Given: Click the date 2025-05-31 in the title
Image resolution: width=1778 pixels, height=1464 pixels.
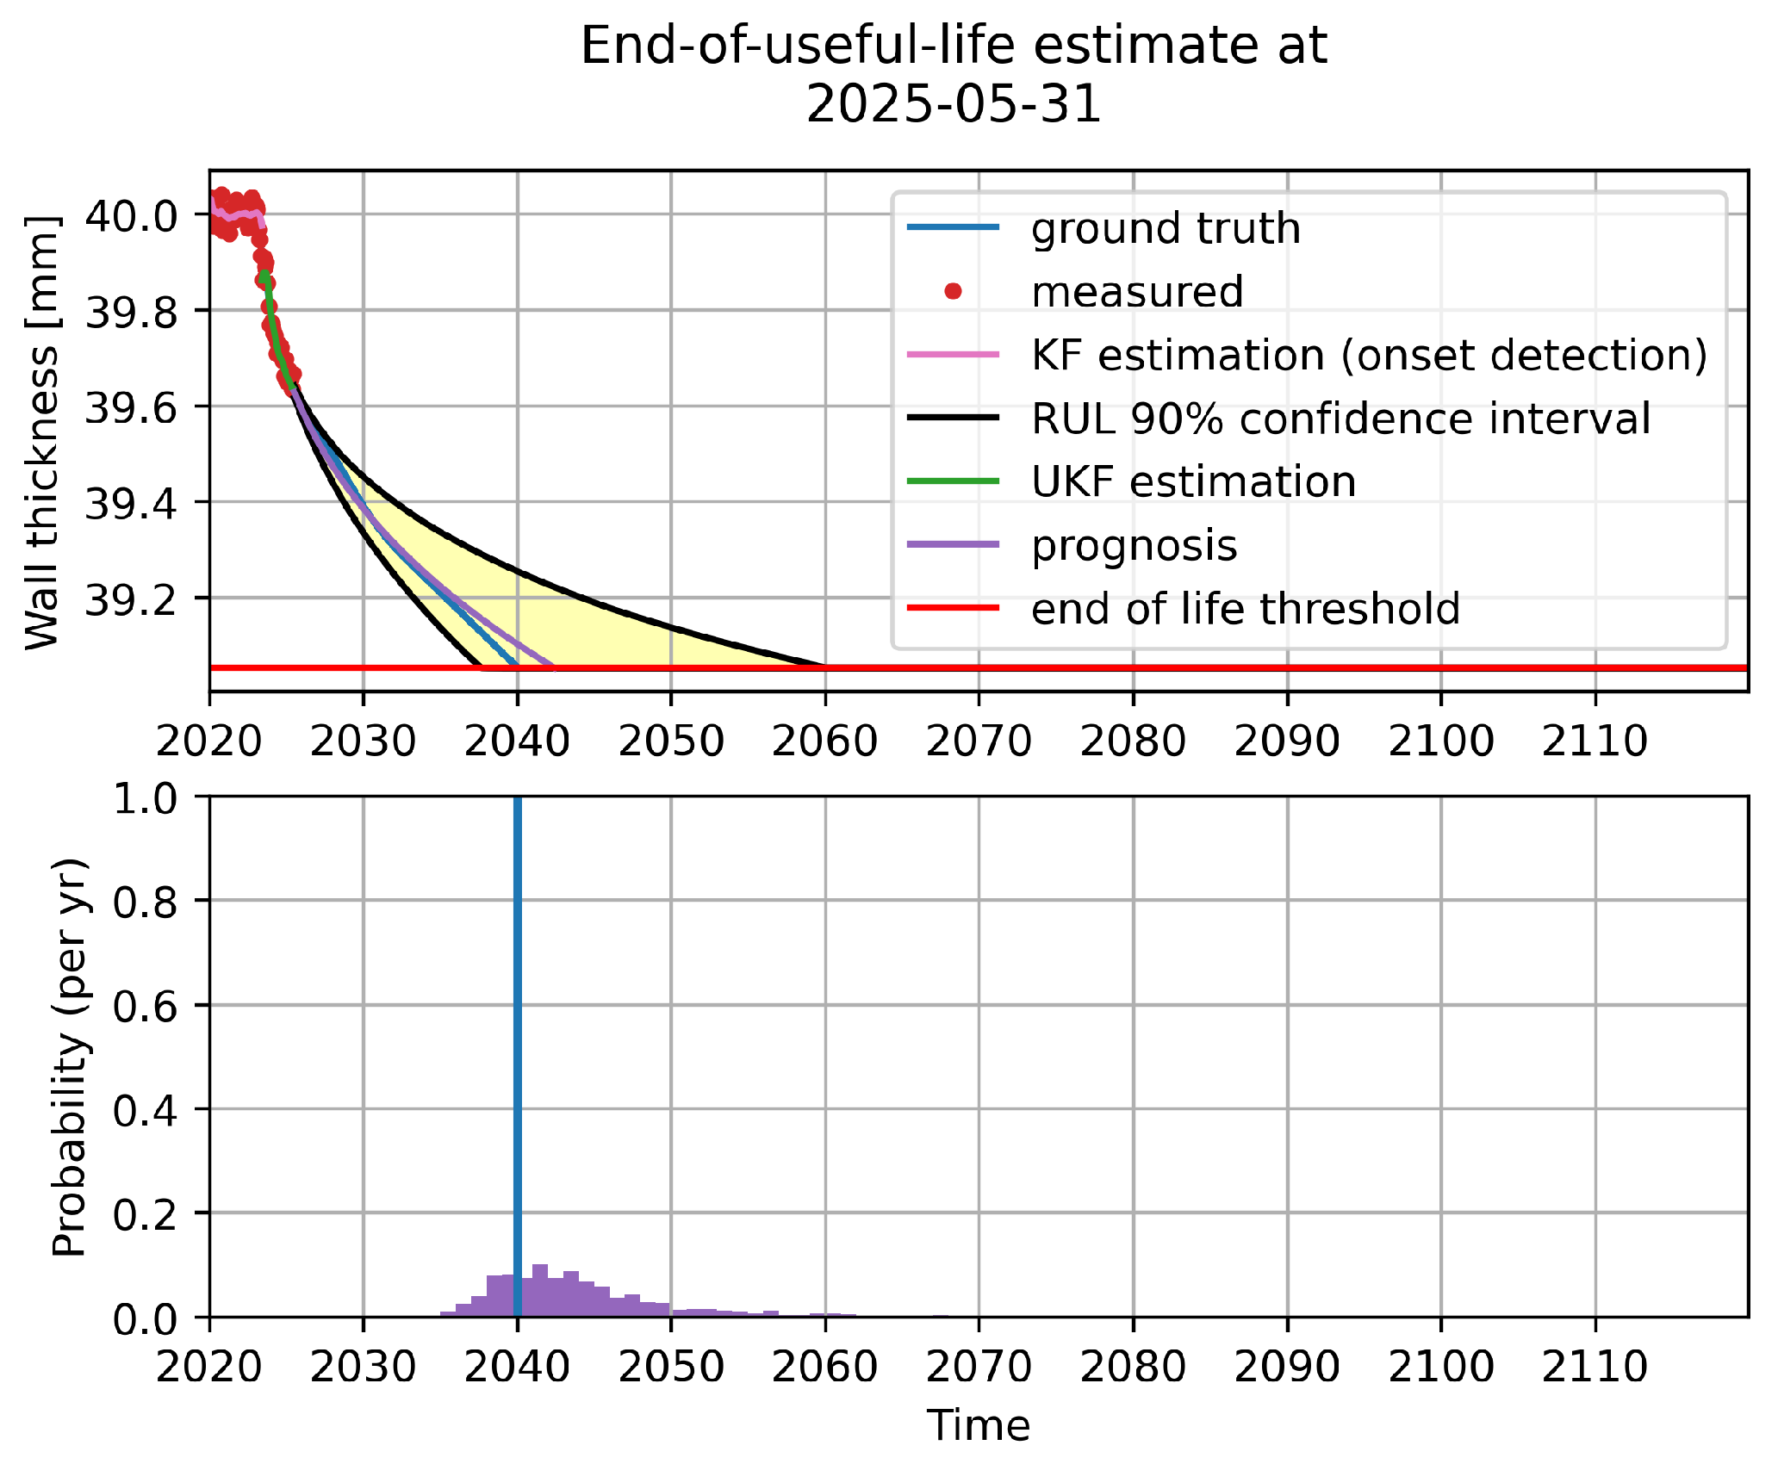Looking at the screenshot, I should [953, 105].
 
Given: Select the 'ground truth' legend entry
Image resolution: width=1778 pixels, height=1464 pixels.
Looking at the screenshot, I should [1165, 228].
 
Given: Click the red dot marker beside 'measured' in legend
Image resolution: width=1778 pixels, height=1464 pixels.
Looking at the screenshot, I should [953, 291].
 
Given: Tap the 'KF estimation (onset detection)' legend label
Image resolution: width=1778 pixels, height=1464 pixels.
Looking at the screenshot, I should [1369, 355].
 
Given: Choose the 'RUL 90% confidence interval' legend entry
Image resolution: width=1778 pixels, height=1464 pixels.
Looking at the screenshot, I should [1340, 419].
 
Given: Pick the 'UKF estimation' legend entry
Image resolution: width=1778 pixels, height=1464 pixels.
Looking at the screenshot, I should [1193, 481].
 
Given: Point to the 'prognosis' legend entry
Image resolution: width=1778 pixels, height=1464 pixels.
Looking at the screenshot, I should [1134, 545].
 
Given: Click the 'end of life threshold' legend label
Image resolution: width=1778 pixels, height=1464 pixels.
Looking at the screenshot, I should [1245, 608].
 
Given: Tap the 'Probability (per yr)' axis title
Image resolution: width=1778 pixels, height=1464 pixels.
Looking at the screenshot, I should [69, 1057].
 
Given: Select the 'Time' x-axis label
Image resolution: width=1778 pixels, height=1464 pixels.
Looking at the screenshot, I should [978, 1425].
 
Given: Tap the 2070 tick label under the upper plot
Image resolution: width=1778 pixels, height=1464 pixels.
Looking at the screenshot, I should [979, 741].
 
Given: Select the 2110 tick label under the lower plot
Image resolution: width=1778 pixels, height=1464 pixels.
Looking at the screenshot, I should [1595, 1366].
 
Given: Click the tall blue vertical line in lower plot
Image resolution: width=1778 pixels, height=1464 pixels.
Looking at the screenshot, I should [518, 1033].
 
